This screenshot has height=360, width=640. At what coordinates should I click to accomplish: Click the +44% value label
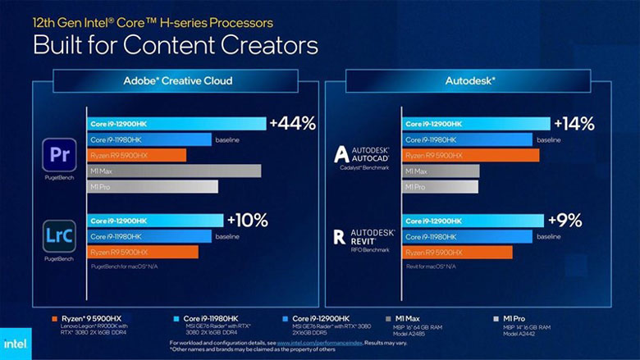294,124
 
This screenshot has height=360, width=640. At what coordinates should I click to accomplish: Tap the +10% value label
247,220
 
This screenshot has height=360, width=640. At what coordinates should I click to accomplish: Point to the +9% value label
565,220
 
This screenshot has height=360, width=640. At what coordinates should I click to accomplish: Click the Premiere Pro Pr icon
59,154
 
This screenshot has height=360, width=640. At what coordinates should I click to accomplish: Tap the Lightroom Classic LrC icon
59,235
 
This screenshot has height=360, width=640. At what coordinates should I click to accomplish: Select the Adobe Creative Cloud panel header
177,80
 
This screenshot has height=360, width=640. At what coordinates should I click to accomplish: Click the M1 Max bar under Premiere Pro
174,171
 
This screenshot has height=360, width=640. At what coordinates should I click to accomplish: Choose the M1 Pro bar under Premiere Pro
153,186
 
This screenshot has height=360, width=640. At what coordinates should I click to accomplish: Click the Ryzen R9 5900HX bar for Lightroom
143,252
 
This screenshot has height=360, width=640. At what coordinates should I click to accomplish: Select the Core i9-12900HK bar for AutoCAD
476,124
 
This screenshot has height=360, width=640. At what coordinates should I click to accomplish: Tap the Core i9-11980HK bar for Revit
468,236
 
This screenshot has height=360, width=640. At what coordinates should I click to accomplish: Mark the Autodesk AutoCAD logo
364,156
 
